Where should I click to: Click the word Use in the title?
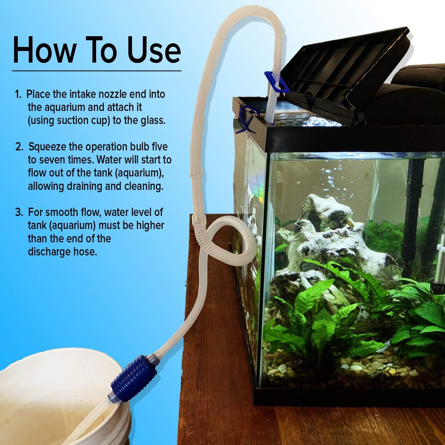click(154, 50)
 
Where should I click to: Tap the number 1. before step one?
click(18, 95)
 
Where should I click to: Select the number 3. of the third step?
click(19, 212)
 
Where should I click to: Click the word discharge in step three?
click(49, 252)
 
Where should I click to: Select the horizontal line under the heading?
click(96, 71)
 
